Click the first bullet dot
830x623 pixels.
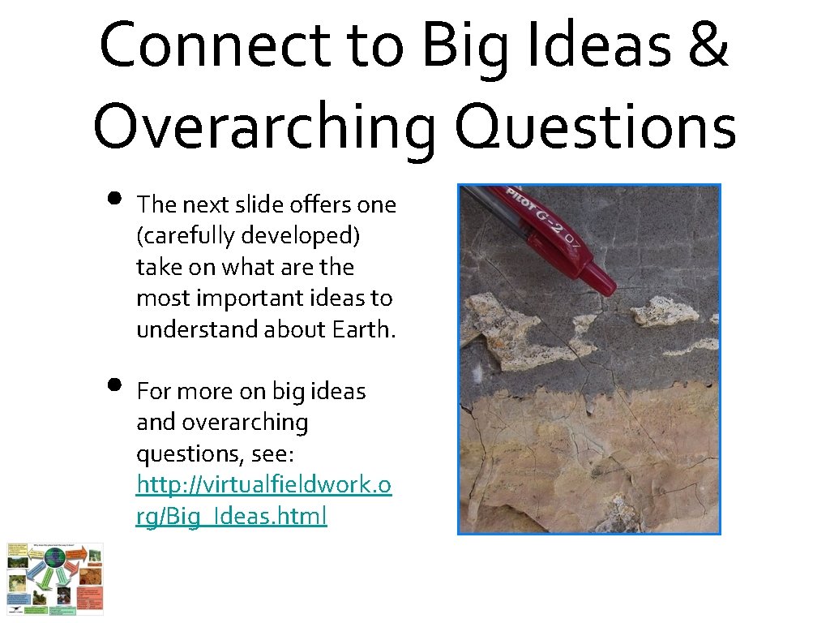coord(113,200)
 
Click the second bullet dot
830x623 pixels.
coord(113,385)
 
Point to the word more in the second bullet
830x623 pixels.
coord(209,392)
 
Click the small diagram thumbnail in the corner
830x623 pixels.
coord(55,578)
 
